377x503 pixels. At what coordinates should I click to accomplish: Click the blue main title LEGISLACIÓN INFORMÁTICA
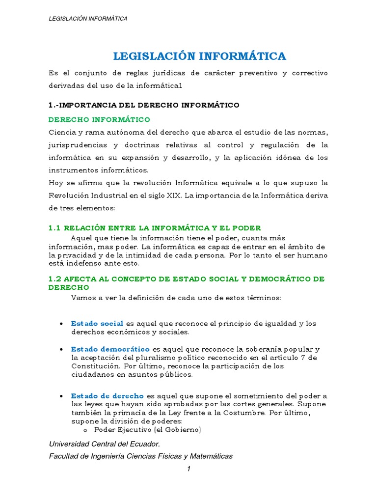[199, 56]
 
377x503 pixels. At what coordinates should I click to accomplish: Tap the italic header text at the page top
[88, 19]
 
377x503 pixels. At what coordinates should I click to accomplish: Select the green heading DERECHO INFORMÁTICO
[99, 119]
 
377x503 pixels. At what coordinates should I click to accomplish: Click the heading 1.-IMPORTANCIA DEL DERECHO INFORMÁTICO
[144, 105]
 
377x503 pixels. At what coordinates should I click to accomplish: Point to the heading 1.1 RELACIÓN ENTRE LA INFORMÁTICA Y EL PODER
[155, 228]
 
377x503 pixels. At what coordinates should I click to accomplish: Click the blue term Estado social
[97, 323]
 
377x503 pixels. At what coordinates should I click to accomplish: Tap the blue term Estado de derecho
[108, 396]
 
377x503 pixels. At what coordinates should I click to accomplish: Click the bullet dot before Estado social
[60, 324]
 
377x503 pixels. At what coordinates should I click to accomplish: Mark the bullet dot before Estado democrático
[60, 350]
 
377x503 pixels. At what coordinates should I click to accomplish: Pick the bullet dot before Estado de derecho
[60, 396]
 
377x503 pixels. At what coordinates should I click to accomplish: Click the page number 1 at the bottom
[188, 469]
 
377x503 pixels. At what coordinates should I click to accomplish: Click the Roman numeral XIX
[173, 195]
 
